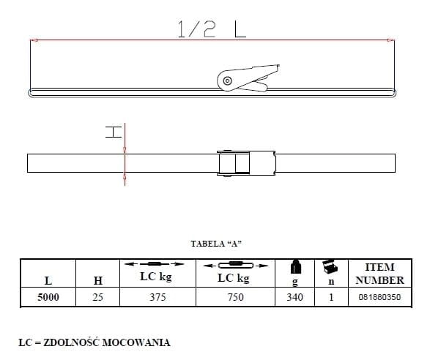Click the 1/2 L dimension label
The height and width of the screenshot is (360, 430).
[x=212, y=29]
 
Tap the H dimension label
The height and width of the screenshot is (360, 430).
[x=114, y=132]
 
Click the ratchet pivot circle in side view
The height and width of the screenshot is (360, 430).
[x=227, y=80]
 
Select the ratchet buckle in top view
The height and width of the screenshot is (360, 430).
[x=246, y=163]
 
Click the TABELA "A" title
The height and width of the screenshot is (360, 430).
[x=216, y=244]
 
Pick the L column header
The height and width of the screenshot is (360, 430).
[x=48, y=280]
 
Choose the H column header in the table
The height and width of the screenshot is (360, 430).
[x=98, y=280]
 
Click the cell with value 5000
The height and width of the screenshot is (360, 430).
[x=48, y=297]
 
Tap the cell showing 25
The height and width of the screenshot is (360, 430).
[x=97, y=297]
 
